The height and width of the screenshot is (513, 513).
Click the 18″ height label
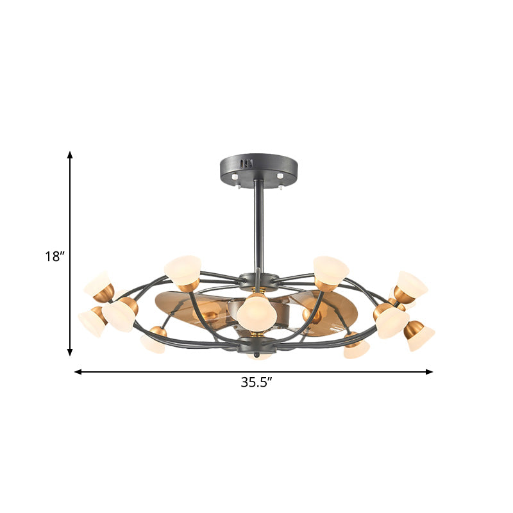[x=55, y=256]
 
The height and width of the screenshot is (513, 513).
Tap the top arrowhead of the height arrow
[x=71, y=155]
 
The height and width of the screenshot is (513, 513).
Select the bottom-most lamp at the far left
[x=90, y=322]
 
